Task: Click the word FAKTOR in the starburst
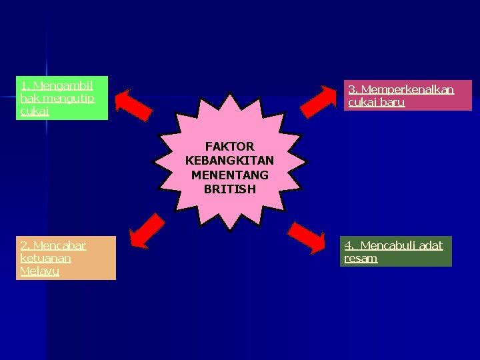pyautogui.click(x=229, y=146)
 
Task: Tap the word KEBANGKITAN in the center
pyautogui.click(x=229, y=161)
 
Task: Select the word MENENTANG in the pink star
pyautogui.click(x=229, y=175)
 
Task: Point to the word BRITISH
pyautogui.click(x=229, y=189)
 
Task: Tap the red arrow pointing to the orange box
pyautogui.click(x=146, y=231)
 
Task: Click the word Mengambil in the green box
pyautogui.click(x=63, y=85)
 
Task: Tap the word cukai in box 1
pyautogui.click(x=35, y=111)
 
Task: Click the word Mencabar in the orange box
pyautogui.click(x=60, y=245)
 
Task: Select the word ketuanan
pyautogui.click(x=46, y=258)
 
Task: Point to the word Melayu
pyautogui.click(x=40, y=271)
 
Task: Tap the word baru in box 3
pyautogui.click(x=391, y=102)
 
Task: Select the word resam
pyautogui.click(x=361, y=258)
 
